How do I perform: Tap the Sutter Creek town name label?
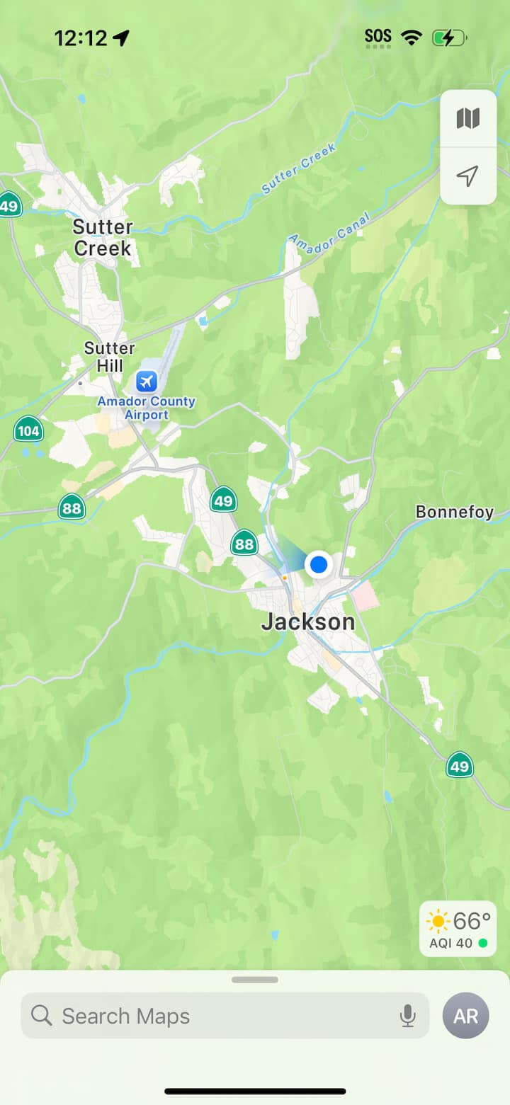click(x=103, y=238)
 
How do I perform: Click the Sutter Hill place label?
click(x=109, y=357)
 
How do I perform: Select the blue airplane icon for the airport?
click(x=147, y=382)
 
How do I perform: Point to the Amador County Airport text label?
click(x=146, y=408)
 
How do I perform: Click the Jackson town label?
click(x=308, y=622)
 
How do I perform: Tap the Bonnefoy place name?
click(x=454, y=512)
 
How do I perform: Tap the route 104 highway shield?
click(x=28, y=430)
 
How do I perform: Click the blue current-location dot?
click(x=319, y=564)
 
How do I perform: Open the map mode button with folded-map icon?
click(x=468, y=118)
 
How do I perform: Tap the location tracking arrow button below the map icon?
click(x=468, y=176)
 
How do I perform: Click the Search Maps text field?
click(x=212, y=1016)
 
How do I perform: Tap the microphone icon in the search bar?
click(x=407, y=1016)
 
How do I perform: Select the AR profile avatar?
click(x=465, y=1016)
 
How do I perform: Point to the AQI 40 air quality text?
click(x=450, y=943)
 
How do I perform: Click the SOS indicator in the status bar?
click(x=378, y=36)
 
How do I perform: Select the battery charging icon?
click(x=448, y=38)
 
